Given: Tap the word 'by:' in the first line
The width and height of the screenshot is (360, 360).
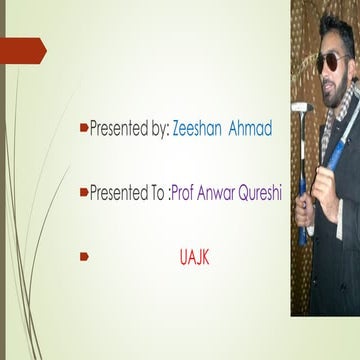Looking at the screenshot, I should pos(157,129).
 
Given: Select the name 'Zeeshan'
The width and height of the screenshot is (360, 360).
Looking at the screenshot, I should pos(199,129).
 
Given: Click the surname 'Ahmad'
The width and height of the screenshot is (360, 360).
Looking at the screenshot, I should pos(259,129).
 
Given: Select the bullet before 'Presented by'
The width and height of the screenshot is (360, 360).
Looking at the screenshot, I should pos(85,129).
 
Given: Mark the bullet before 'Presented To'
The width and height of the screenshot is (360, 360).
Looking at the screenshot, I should pos(85,193).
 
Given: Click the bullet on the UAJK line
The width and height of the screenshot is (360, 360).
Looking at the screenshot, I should pos(85,257).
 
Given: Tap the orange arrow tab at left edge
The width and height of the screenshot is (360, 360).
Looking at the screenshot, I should pos(22,47).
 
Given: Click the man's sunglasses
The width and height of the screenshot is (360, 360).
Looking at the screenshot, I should pos(330,62).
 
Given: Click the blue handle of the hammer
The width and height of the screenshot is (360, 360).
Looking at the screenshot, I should pos(303,200).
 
